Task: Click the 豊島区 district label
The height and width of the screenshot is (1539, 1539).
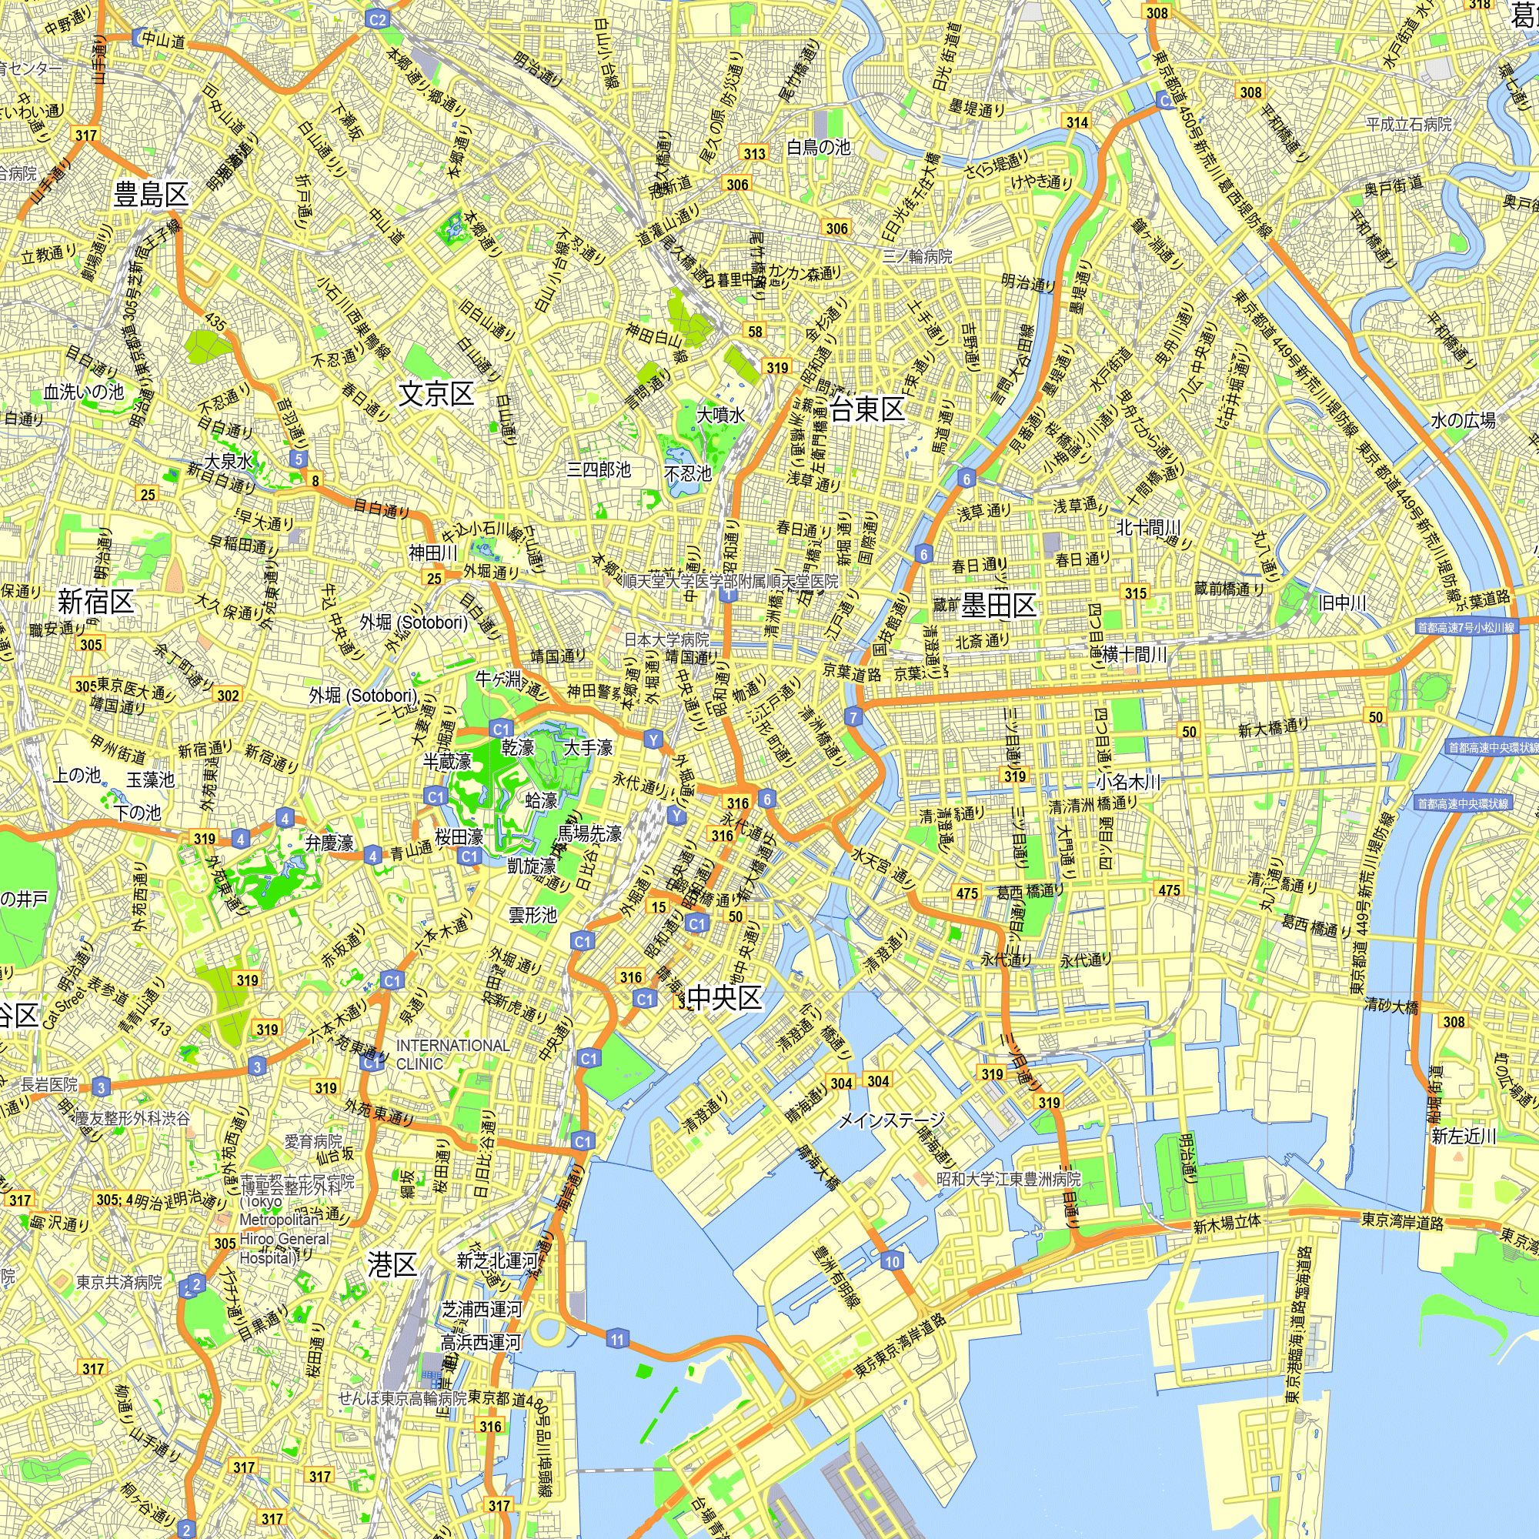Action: (x=152, y=195)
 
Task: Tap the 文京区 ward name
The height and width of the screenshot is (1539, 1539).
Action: (x=436, y=393)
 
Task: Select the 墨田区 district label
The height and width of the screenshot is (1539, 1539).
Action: (x=999, y=606)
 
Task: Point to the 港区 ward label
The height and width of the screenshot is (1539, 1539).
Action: (x=392, y=1264)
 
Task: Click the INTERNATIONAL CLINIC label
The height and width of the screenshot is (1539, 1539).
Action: (x=452, y=1055)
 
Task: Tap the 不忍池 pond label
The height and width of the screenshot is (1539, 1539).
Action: (x=687, y=474)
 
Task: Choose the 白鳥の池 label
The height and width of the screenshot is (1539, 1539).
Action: (x=818, y=148)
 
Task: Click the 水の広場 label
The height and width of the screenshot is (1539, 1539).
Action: (x=1463, y=420)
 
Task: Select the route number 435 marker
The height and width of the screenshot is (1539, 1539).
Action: (x=215, y=322)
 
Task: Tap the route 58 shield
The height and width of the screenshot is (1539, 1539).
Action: (x=755, y=332)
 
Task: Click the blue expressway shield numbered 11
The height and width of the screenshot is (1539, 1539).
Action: (x=617, y=1339)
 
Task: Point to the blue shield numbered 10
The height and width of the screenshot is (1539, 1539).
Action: (x=891, y=1261)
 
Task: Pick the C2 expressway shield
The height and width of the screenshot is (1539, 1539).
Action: (x=378, y=20)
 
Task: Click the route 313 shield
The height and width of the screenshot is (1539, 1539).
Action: (x=754, y=154)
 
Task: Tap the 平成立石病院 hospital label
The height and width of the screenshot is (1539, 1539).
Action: (x=1409, y=124)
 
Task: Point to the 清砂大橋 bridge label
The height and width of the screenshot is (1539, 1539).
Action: (x=1390, y=1006)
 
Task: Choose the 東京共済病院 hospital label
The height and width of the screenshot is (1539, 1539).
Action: (x=119, y=1282)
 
